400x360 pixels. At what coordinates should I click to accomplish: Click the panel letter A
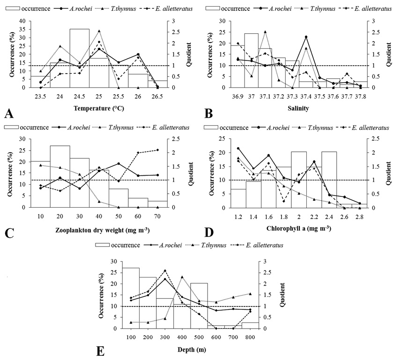9,114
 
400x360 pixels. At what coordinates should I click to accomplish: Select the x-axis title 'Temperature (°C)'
99,108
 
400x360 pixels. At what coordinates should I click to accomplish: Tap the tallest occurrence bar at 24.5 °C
80,58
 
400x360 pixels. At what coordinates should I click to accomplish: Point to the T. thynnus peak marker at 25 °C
99,31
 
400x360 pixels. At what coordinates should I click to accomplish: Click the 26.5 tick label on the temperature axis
157,97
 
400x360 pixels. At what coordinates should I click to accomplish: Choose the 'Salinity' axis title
298,108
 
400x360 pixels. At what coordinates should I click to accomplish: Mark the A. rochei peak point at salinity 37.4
306,37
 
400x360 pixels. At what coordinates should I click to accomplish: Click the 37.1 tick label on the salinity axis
265,97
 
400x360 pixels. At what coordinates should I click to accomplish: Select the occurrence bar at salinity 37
251,60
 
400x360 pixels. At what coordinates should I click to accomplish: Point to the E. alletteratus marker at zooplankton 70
158,150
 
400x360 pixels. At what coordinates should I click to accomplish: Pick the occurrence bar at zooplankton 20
60,176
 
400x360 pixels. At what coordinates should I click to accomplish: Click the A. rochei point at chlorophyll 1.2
238,148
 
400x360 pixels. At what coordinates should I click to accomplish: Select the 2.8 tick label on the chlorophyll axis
359,217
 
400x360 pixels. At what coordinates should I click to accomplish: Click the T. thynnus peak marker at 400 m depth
182,277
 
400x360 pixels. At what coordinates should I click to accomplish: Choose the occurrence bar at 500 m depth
199,306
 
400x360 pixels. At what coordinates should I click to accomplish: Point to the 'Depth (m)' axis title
192,350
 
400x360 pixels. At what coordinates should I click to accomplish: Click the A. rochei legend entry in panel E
163,245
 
